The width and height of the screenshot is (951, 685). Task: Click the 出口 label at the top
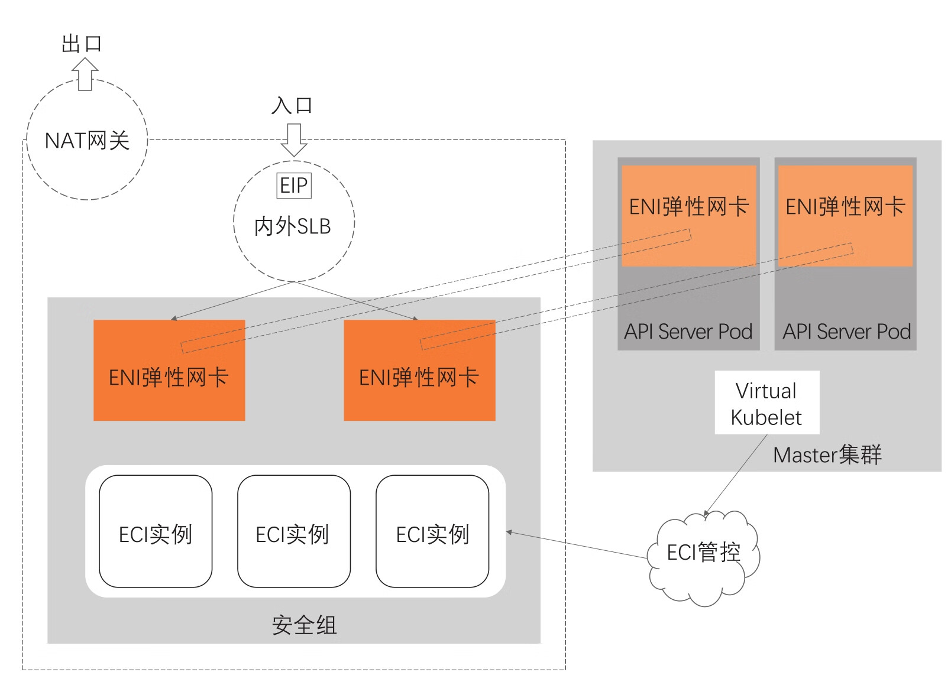tap(82, 44)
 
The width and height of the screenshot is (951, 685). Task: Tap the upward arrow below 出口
tap(85, 74)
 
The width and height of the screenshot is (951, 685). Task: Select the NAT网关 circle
tap(87, 141)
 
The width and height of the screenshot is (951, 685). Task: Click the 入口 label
tap(292, 106)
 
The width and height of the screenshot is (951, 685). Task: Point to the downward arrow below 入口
tap(294, 139)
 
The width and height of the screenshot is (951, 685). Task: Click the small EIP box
tap(294, 186)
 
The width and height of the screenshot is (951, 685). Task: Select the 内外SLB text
tap(292, 226)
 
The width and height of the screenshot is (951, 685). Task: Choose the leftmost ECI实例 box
tap(156, 531)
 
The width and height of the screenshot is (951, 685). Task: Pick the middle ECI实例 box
tap(294, 531)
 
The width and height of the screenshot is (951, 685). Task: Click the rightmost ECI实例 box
tap(432, 531)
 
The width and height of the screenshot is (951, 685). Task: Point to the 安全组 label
tap(304, 625)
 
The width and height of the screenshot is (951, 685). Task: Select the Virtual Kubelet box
tap(766, 403)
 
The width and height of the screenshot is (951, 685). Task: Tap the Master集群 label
tap(827, 455)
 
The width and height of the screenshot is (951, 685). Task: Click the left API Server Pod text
tap(688, 332)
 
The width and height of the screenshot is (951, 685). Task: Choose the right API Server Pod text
tap(846, 332)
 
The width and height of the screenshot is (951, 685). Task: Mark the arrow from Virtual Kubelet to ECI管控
tap(736, 475)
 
